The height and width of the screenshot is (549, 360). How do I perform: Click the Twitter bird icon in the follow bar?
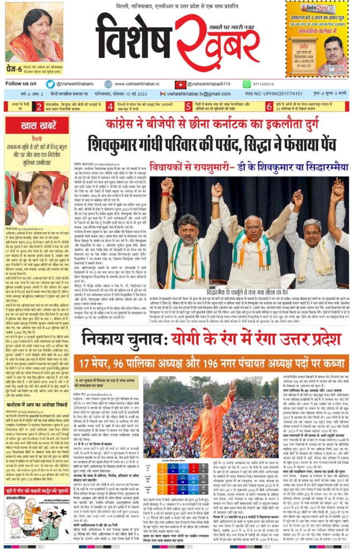50,84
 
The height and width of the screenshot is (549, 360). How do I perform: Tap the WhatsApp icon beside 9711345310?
247,84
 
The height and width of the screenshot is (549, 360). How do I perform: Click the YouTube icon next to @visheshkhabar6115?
181,84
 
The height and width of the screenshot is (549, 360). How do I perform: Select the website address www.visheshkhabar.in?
140,84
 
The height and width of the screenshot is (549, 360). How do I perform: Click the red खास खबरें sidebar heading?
35,126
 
